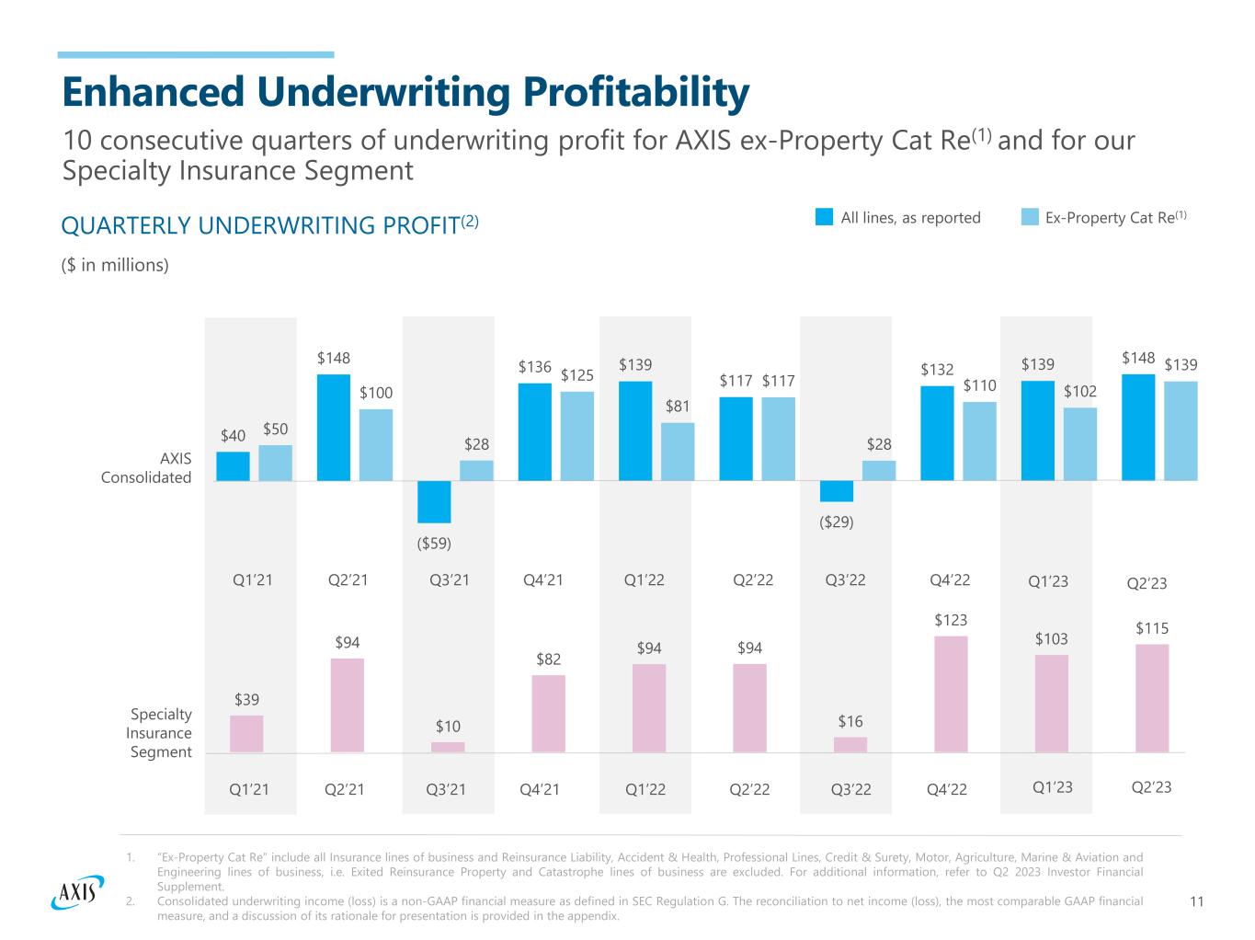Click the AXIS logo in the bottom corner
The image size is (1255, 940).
[74, 891]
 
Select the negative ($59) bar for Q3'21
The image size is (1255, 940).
[434, 501]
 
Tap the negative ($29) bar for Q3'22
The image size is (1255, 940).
[837, 490]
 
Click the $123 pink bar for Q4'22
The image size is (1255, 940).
[951, 694]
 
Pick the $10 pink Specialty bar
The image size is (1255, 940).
[448, 747]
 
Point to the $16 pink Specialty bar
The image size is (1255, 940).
[850, 744]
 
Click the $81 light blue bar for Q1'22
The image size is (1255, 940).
[678, 451]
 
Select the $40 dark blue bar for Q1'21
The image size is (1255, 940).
[233, 465]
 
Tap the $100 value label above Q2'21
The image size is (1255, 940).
[375, 393]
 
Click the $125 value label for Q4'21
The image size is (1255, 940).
[577, 375]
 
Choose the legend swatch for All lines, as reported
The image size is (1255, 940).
[824, 217]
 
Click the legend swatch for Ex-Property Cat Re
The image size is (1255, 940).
[1030, 217]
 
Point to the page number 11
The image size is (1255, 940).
[1196, 901]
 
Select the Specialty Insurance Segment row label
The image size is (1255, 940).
[159, 733]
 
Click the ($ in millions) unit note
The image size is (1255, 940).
[115, 265]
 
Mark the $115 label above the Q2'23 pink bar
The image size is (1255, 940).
[1152, 628]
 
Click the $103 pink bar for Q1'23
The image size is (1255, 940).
[1051, 703]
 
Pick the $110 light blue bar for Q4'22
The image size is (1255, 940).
[979, 441]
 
